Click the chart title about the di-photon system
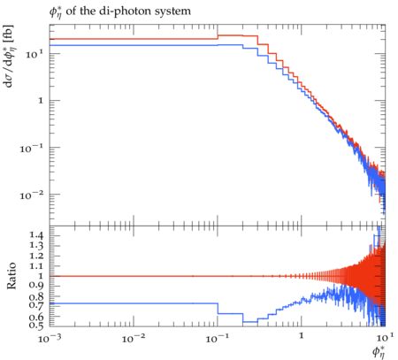(119, 12)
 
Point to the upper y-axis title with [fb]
(9, 56)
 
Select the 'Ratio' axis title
(11, 276)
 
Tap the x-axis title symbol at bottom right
(379, 351)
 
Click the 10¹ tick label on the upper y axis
(34, 54)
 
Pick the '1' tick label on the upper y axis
(41, 101)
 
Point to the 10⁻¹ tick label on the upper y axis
(32, 148)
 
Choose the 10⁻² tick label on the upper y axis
(32, 195)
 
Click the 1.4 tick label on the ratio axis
(36, 235)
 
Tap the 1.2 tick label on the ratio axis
(36, 256)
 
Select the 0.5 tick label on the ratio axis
(36, 325)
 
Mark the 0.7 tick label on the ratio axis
(36, 304)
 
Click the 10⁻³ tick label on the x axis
(50, 339)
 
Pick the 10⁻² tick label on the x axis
(134, 339)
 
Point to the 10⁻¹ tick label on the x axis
(218, 339)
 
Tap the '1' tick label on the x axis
(302, 336)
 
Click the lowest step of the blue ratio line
(250, 322)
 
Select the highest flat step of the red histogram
(230, 35)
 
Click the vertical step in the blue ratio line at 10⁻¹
(218, 309)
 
